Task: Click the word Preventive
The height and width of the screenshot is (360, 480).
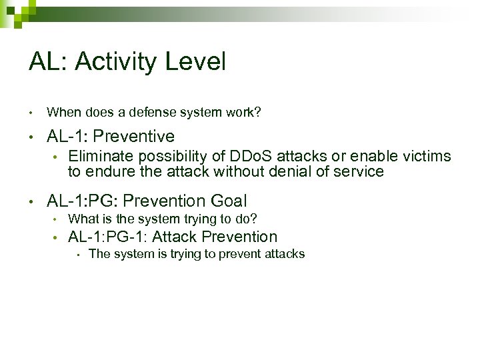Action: [134, 137]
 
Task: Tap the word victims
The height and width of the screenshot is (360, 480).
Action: [427, 157]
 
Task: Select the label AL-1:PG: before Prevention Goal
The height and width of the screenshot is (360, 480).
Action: [85, 201]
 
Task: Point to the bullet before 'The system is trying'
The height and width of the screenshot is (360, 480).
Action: [77, 254]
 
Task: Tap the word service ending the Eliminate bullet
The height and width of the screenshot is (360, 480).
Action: [360, 171]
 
